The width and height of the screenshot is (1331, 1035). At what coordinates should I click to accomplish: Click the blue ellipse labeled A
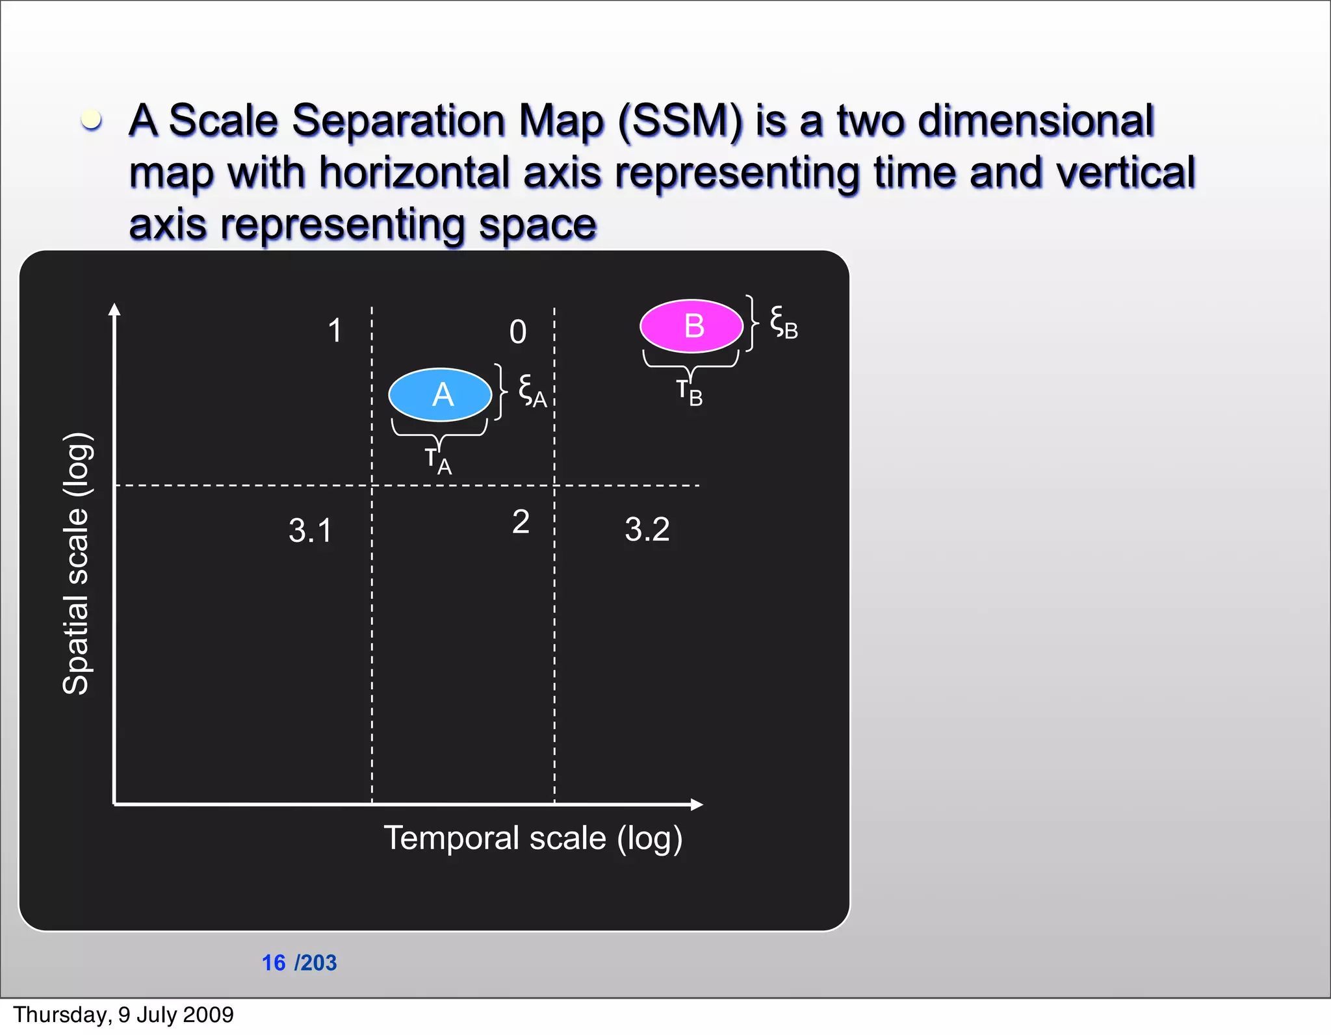click(x=440, y=394)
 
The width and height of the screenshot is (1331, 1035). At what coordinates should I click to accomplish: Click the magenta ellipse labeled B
click(x=691, y=326)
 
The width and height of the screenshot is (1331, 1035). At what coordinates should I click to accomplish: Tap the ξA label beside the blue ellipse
click(x=532, y=392)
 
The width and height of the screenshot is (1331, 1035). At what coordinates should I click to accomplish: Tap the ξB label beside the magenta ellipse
click(x=783, y=323)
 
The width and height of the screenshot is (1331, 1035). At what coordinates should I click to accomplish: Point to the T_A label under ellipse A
click(x=438, y=461)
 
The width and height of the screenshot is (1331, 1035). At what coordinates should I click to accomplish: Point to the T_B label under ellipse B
click(x=690, y=392)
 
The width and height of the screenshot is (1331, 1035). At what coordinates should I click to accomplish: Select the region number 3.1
click(x=310, y=530)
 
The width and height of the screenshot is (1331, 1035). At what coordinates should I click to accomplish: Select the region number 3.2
click(x=647, y=529)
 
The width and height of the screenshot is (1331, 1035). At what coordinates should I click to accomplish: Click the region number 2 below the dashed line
click(x=521, y=522)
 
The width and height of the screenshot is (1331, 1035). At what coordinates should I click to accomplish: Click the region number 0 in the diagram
click(x=518, y=332)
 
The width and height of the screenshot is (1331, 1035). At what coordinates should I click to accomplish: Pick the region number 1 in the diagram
click(x=335, y=330)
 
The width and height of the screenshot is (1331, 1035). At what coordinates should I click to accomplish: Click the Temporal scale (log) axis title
click(x=533, y=838)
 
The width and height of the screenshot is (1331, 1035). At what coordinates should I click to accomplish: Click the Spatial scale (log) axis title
click(x=77, y=563)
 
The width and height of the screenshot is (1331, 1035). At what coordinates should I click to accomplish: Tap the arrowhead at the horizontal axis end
click(x=697, y=804)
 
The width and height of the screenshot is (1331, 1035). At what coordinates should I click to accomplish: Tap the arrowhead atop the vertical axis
click(x=114, y=309)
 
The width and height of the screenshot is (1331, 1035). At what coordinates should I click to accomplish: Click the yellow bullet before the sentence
click(x=91, y=120)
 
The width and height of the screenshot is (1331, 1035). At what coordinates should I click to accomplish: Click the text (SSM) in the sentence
click(x=680, y=121)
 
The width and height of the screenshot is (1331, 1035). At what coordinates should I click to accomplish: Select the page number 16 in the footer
click(x=274, y=962)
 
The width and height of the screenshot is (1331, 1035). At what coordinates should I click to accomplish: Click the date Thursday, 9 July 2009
click(x=123, y=1014)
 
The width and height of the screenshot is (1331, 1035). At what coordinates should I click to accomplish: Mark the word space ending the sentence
click(x=537, y=225)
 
